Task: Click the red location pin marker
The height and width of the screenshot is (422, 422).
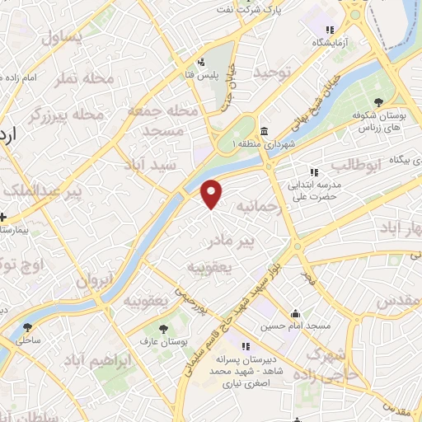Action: click(x=213, y=193)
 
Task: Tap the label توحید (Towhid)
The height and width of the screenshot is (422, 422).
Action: click(x=274, y=73)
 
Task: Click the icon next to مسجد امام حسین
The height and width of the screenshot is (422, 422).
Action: click(x=294, y=313)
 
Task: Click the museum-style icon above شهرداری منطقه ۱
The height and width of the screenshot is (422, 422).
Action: click(x=263, y=131)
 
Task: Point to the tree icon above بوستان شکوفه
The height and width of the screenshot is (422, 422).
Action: click(x=379, y=102)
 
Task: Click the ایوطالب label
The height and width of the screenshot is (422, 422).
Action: click(x=354, y=164)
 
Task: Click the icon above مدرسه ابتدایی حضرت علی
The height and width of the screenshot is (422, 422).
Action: click(x=313, y=172)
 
